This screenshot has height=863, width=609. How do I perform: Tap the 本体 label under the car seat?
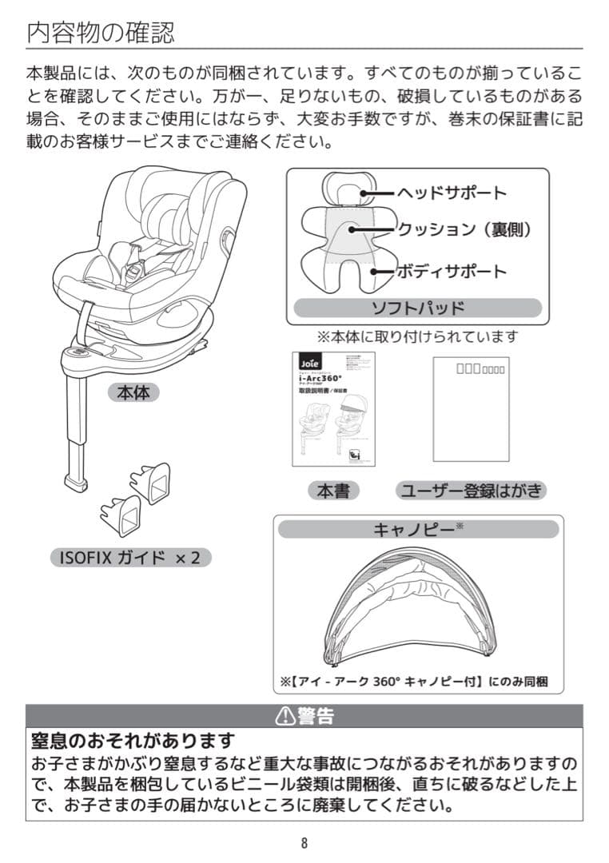133,393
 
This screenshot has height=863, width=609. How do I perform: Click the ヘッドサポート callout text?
452,193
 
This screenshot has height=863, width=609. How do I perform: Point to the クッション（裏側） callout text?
464,230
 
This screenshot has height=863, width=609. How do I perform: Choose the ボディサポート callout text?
452,271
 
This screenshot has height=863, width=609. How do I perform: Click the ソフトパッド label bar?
417,308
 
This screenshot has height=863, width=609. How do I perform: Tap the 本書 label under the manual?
333,491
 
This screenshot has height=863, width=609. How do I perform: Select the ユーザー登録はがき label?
472,491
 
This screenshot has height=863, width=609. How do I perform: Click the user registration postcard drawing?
471,408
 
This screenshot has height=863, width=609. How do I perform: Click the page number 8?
304,843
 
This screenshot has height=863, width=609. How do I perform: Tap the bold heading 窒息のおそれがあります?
133,741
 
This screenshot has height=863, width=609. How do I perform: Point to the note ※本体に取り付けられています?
417,336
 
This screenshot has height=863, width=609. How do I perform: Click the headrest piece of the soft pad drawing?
342,189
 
